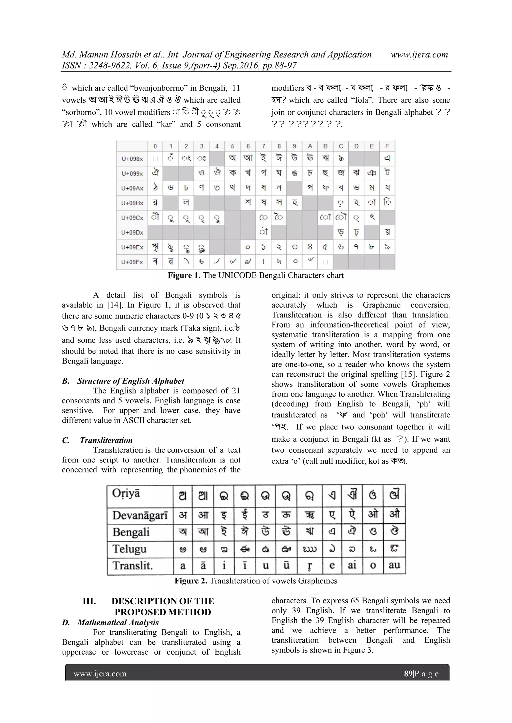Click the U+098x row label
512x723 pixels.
click(132, 159)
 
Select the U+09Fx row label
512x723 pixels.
click(132, 262)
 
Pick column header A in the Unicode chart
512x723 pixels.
click(310, 146)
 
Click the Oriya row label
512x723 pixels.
click(126, 493)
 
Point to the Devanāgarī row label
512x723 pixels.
click(140, 515)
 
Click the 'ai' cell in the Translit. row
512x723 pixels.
click(352, 565)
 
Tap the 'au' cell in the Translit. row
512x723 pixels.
click(394, 565)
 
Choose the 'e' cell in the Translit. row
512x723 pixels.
click(332, 565)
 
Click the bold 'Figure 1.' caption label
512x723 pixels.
click(184, 275)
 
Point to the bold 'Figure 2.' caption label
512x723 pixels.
click(191, 581)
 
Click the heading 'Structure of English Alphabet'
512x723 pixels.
click(130, 381)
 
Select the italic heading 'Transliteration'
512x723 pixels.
click(106, 440)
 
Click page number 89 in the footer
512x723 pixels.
click(408, 674)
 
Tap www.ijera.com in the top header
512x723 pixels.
click(419, 55)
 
